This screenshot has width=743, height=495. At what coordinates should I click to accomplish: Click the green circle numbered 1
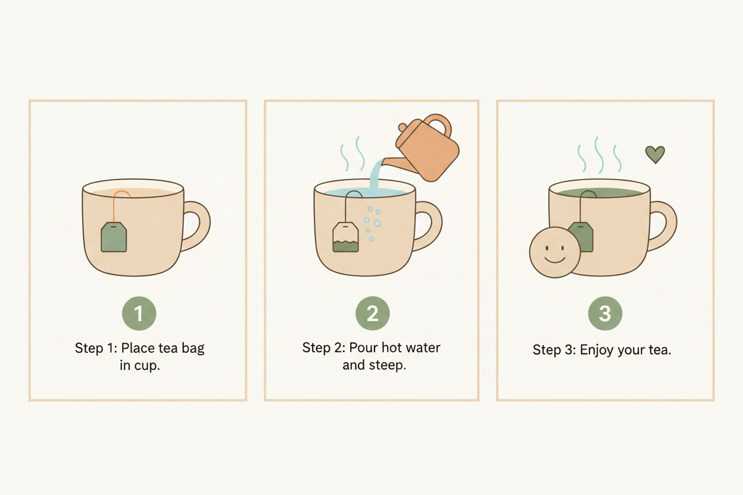(x=139, y=314)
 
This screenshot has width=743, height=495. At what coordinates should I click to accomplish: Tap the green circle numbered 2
(x=373, y=314)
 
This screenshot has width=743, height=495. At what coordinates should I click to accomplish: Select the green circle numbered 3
(x=605, y=314)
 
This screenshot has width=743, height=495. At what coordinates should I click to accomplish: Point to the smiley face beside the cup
(x=555, y=252)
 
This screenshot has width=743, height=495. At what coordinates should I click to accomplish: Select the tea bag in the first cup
(x=114, y=237)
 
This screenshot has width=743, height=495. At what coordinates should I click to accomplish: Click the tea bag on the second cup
(x=345, y=237)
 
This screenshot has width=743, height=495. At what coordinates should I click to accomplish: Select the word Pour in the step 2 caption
(x=364, y=348)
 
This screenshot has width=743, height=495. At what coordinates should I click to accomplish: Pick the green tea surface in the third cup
(x=600, y=193)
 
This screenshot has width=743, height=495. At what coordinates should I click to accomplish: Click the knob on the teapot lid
(x=402, y=127)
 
